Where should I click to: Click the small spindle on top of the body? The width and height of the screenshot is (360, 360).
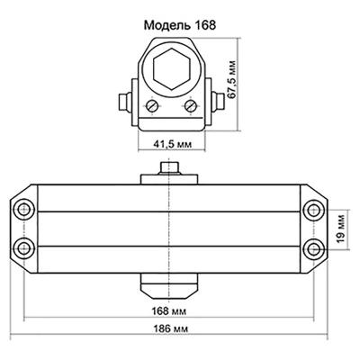click(168, 168)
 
